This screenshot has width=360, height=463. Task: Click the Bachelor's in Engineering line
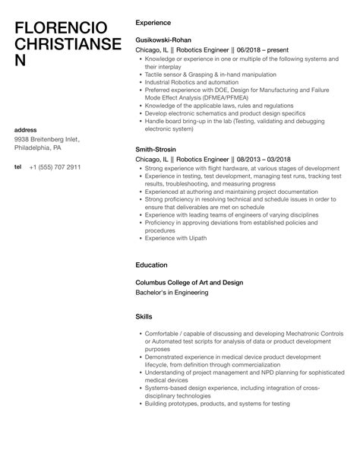[x=172, y=292]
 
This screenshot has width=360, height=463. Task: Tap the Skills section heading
[x=144, y=316]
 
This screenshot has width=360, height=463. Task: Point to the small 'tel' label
[x=17, y=166]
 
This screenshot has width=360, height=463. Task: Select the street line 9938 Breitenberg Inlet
[x=47, y=139]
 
